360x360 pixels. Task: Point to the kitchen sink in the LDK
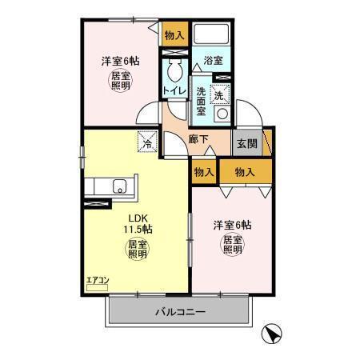[x=118, y=189]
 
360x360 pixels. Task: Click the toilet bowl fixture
[x=174, y=69]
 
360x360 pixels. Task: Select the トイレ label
[x=175, y=92]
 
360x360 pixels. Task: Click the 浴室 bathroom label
[x=212, y=60]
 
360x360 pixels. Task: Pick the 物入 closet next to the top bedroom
[x=174, y=34]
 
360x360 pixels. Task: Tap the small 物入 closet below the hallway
[x=203, y=172]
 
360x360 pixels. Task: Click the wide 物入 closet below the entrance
[x=244, y=171]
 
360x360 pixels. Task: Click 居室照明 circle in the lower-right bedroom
[x=232, y=244]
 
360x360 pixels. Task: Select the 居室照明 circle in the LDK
[x=137, y=250]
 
